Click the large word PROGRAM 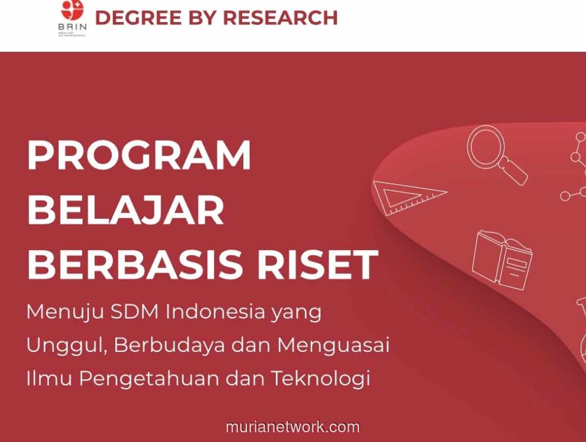pos(139,155)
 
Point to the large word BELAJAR pos(126,210)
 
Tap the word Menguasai pos(334,345)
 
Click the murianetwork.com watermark pos(293,427)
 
